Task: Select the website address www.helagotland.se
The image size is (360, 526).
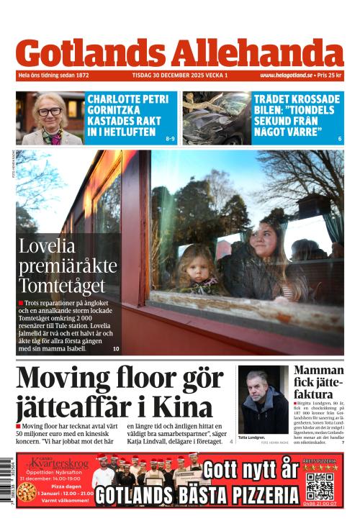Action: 286,75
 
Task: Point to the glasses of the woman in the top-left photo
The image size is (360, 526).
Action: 50,112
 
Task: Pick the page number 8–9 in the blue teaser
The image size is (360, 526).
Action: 170,138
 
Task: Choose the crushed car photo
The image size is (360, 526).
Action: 215,118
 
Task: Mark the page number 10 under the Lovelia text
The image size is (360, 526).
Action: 116,349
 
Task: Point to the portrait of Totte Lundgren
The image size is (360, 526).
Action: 263,401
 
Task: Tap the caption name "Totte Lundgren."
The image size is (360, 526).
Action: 252,437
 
